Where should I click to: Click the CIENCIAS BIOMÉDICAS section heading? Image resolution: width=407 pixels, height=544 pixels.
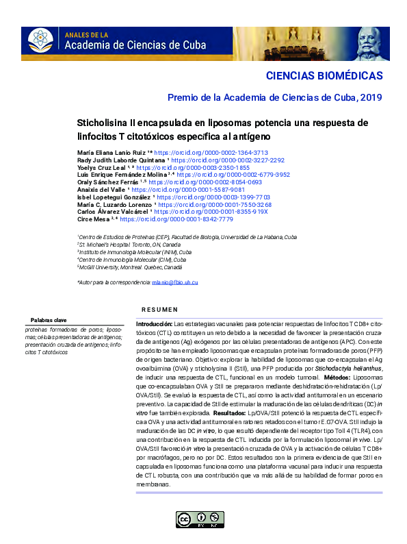pyautogui.click(x=324, y=75)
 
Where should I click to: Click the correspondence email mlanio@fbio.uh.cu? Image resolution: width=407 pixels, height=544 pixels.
pyautogui.click(x=174, y=282)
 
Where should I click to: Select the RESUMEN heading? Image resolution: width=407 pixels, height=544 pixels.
pyautogui.click(x=164, y=310)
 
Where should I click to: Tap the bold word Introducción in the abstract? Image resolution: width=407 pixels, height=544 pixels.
pyautogui.click(x=154, y=323)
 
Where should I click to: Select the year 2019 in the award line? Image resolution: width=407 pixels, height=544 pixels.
pyautogui.click(x=370, y=97)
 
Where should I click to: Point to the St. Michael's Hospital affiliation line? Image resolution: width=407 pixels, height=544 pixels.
pyautogui.click(x=130, y=245)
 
